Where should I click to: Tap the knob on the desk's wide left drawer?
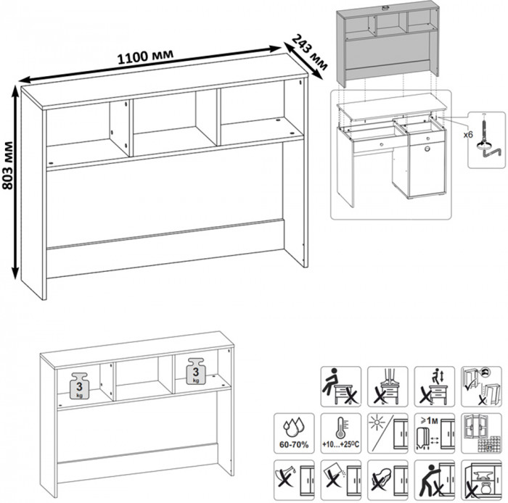click(379, 145)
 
